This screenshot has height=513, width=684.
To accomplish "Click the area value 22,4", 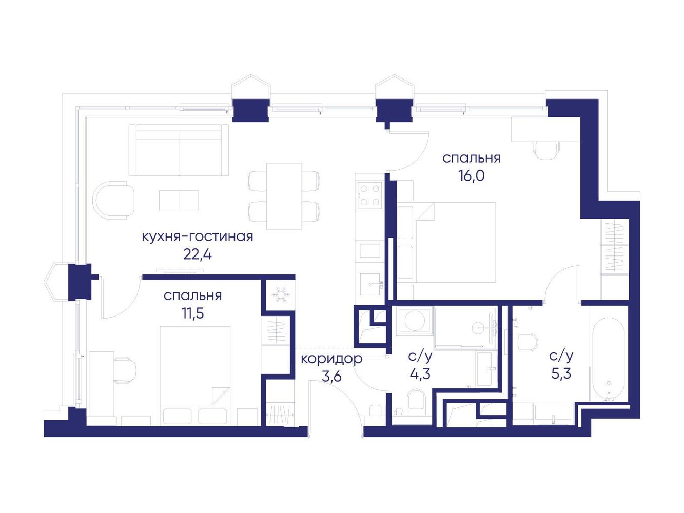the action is tap(198, 255).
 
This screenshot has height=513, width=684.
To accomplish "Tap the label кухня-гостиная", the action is tap(198, 237).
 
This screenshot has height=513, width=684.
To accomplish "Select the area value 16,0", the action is tap(471, 176).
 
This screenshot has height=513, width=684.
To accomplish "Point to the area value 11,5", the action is tap(193, 313).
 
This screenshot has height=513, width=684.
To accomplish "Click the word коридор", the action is tap(331, 359).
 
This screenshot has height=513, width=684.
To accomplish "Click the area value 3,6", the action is tap(332, 377).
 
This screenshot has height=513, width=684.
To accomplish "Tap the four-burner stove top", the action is tap(369, 195).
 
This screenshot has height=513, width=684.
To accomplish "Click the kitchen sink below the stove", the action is tap(370, 284).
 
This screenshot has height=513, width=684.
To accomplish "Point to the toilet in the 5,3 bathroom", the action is tap(527, 342).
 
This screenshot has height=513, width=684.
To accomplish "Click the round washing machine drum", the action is tap(415, 321).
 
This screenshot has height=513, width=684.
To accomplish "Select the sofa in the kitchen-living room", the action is tap(179, 150).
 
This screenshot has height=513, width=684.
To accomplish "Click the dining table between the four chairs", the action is tap(284, 196).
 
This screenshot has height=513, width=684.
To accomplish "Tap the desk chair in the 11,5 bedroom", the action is tap(126, 370).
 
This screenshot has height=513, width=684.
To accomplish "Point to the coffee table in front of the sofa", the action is tap(179, 200).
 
